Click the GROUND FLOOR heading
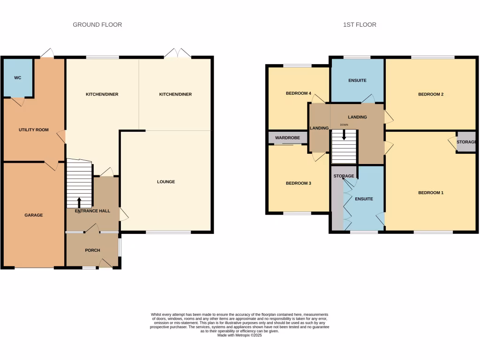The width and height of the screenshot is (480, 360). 97,24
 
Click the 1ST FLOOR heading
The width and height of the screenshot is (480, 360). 359,24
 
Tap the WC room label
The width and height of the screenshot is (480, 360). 17,78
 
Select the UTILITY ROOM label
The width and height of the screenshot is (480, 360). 33,130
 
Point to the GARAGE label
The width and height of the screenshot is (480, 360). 33,215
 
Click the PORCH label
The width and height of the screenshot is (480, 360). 92,250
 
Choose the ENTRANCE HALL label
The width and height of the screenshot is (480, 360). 92,211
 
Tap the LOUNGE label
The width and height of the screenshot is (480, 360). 166,182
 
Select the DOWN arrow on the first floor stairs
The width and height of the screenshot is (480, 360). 345,135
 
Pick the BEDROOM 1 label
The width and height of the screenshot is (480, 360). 430,193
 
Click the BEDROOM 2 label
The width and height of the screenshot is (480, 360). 430,94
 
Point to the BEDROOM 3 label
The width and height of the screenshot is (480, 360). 298,183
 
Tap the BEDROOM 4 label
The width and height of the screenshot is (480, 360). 298,93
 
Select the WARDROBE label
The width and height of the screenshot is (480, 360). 287,138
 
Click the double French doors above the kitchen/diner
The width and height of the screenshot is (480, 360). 178,53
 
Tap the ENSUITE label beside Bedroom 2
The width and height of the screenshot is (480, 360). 357,81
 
